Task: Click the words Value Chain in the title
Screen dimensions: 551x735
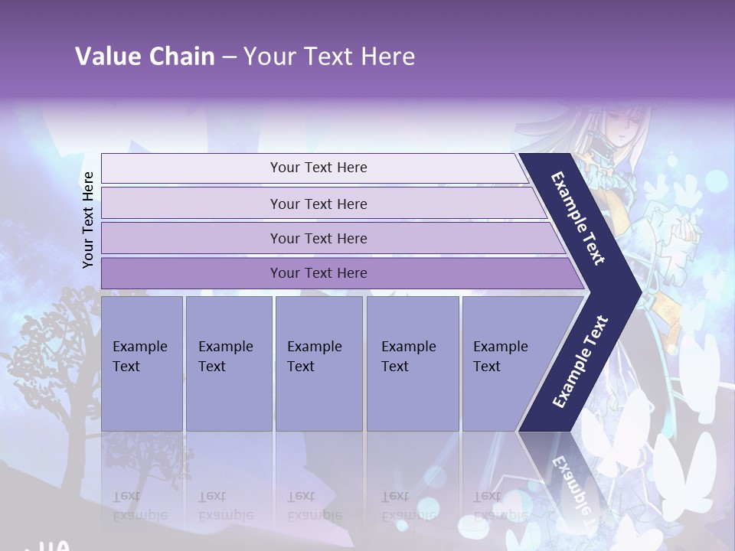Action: click(x=145, y=57)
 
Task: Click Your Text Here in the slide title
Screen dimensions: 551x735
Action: click(x=329, y=57)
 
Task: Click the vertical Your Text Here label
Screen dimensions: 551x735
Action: click(x=88, y=220)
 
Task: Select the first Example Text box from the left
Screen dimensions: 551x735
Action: click(x=142, y=363)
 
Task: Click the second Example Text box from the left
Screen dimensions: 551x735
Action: click(x=228, y=363)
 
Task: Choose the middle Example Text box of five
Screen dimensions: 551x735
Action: click(x=318, y=363)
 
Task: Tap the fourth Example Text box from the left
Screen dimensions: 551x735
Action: click(x=413, y=363)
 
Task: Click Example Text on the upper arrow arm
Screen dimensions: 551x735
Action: click(x=578, y=218)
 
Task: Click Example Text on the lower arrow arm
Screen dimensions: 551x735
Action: click(x=580, y=361)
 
